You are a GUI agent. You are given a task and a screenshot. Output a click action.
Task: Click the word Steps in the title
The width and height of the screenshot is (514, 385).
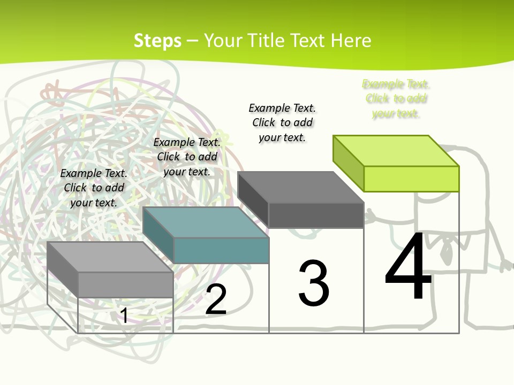pos(157,41)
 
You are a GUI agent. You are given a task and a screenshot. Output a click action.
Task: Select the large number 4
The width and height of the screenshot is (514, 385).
pos(408,266)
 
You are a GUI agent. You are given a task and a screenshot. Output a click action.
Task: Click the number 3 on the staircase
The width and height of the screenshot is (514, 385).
pos(314,283)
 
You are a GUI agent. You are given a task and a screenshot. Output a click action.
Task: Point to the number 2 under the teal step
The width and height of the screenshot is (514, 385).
pos(216,299)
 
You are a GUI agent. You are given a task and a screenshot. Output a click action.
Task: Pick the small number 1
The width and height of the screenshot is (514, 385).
pos(124,315)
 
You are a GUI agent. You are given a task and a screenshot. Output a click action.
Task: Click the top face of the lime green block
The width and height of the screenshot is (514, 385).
pos(396,151)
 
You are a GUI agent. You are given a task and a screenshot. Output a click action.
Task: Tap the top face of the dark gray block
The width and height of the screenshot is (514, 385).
pos(301,187)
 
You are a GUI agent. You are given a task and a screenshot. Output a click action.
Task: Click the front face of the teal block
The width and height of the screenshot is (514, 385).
pos(221,250)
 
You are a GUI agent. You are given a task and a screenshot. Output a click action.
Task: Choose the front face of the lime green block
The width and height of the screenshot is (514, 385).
pos(411,179)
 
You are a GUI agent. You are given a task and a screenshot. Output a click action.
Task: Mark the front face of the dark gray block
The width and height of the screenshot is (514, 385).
pos(316,215)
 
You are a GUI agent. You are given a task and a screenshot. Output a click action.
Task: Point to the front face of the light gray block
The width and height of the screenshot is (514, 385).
pos(126,284)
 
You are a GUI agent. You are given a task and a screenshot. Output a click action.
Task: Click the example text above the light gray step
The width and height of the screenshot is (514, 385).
pos(94,188)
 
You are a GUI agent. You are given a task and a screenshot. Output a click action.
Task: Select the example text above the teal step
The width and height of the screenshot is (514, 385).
pos(187,157)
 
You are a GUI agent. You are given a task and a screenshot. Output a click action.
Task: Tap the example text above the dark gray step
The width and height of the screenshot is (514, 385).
pos(282,122)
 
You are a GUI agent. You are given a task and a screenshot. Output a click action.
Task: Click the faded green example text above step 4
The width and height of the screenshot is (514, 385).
pos(396,98)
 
